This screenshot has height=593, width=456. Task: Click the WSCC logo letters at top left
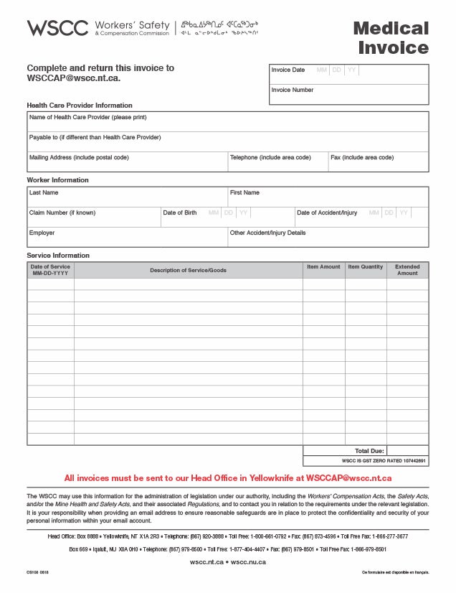[x=57, y=29]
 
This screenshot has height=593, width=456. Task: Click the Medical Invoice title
[x=391, y=38]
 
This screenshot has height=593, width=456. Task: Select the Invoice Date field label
[x=288, y=70]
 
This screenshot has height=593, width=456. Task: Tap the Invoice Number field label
[x=293, y=90]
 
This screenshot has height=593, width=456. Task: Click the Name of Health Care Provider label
[x=87, y=117]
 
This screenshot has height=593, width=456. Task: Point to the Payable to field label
[x=95, y=137]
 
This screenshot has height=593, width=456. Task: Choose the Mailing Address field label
[x=79, y=157]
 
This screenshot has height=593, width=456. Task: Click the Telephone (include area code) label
[x=270, y=157]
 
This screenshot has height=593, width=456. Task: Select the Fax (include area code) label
[x=362, y=157]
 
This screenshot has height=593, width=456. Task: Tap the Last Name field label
[x=44, y=192]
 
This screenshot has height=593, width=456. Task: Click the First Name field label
[x=244, y=192]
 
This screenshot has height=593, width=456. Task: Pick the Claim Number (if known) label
[x=62, y=213]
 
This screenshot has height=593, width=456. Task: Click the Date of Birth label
[x=180, y=213]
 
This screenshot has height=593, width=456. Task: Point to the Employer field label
[x=42, y=233]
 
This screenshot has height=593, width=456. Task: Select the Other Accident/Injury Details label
[x=268, y=233]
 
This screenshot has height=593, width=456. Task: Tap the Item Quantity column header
[x=366, y=267]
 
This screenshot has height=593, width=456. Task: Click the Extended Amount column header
[x=407, y=270]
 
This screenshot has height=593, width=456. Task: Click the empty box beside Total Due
[x=407, y=451]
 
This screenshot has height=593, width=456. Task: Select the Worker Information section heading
[x=58, y=180]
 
